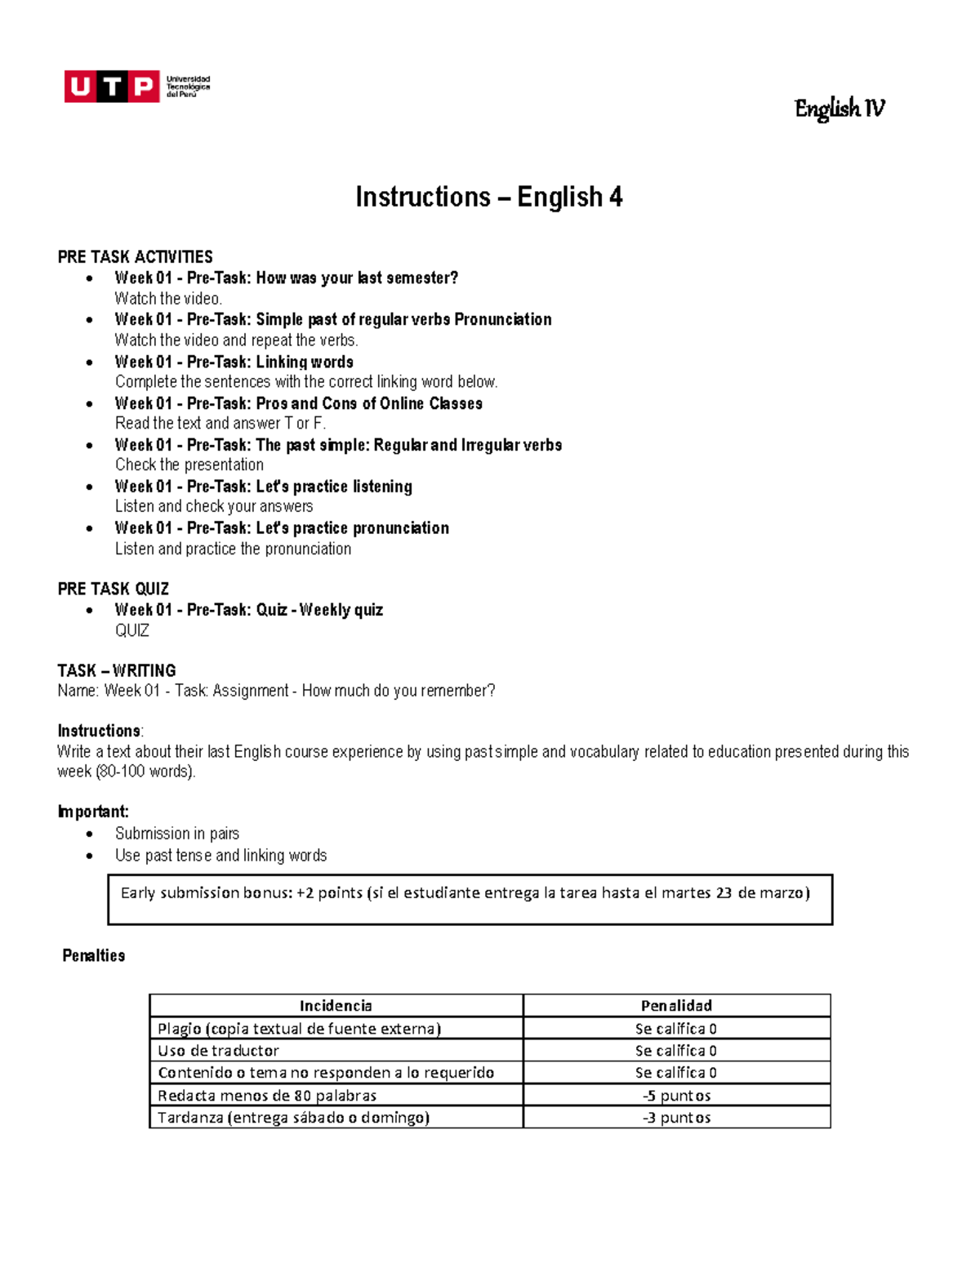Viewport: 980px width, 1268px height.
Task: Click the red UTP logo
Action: coord(112,87)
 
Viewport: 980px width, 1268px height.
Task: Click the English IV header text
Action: coord(839,109)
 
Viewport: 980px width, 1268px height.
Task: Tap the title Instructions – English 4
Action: coord(488,197)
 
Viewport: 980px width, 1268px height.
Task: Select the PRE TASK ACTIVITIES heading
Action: coord(135,256)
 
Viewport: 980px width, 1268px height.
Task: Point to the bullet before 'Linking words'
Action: coord(90,362)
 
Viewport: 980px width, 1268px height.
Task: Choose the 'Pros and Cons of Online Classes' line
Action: coord(298,403)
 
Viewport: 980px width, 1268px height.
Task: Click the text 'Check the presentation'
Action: coord(189,465)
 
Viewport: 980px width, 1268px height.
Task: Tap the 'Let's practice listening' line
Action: coord(263,487)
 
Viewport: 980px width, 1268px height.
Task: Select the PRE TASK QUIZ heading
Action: coord(114,589)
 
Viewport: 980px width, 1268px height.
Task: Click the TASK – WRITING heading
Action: coord(117,670)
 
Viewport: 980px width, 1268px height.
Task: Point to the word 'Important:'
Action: coord(93,812)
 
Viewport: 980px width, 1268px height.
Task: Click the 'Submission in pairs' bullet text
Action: coord(177,834)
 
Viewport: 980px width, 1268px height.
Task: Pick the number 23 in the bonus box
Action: coord(724,892)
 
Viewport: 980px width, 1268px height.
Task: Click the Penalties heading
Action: coord(94,955)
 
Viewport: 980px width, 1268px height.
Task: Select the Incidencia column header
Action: coord(336,1005)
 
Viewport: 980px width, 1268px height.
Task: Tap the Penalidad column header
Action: coord(676,1005)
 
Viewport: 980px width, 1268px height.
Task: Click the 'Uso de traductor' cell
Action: coord(218,1050)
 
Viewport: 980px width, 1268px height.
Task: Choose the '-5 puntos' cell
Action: coord(676,1095)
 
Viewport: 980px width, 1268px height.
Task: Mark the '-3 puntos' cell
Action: coord(676,1117)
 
